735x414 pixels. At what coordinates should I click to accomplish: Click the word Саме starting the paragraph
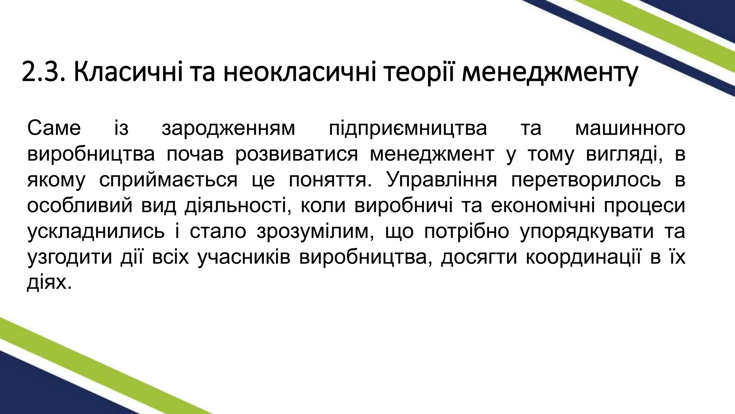pos(54,129)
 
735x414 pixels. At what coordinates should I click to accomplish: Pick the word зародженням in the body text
pos(228,129)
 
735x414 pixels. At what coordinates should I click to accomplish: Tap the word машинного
pos(630,129)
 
